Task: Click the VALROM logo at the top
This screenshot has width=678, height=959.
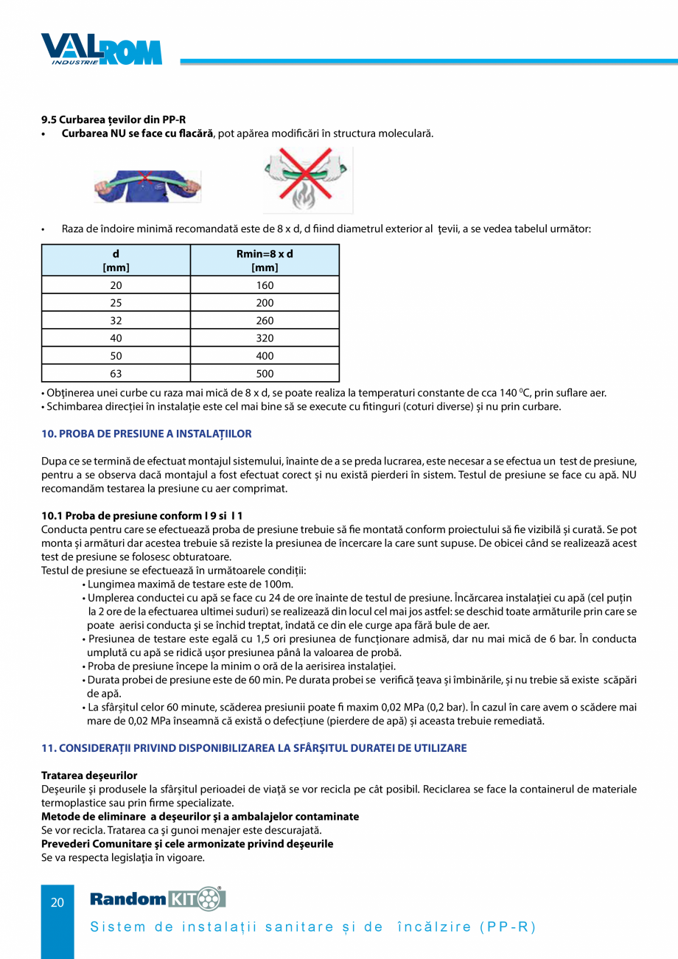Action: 101,49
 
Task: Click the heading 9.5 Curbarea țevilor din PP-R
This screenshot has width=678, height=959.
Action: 113,119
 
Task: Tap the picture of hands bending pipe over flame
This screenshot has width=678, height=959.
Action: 308,180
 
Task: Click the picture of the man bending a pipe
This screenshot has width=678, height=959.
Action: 147,185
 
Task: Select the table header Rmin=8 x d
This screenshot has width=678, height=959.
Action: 265,260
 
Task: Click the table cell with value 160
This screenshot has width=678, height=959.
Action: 265,285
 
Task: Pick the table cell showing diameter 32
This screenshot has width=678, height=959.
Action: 116,321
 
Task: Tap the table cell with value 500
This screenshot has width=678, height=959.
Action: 265,374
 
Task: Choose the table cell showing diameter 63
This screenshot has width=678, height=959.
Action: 116,374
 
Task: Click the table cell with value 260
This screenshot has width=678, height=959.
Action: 265,321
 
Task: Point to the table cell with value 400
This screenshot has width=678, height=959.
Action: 265,356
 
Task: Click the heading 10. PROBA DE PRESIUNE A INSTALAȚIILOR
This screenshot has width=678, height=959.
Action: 147,433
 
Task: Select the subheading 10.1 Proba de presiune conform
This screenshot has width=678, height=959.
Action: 142,515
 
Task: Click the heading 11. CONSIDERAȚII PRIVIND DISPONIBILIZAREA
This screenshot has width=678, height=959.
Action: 254,748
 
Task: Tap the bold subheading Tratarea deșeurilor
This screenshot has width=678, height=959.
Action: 89,775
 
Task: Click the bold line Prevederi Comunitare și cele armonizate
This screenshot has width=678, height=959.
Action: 187,843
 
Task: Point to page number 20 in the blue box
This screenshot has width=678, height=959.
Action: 57,902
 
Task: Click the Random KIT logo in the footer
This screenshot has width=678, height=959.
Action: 158,899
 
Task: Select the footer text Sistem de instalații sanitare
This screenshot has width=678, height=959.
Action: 312,927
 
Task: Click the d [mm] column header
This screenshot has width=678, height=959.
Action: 116,260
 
